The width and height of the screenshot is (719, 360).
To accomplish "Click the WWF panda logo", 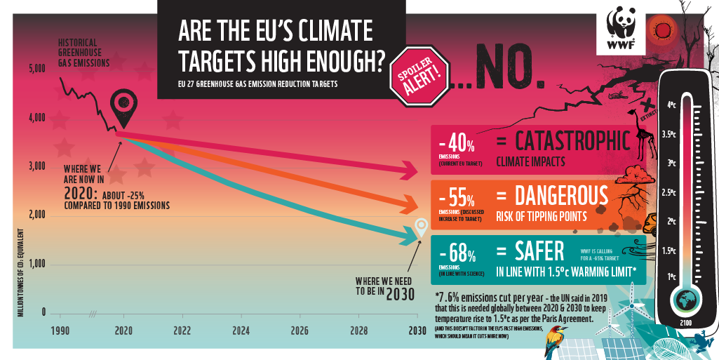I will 621,28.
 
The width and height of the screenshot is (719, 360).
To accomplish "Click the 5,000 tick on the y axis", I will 36,69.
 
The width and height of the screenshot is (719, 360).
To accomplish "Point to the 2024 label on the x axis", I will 241,329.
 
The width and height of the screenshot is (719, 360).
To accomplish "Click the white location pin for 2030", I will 421,227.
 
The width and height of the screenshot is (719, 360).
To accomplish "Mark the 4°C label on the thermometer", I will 671,105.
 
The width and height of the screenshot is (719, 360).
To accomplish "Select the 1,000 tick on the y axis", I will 36,264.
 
